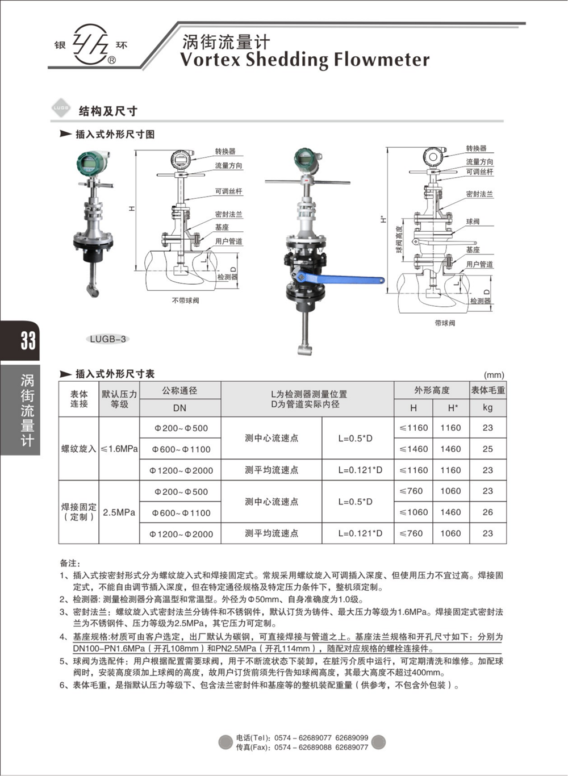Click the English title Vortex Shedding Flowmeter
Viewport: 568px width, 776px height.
click(304, 60)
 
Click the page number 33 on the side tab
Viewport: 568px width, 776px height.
click(27, 341)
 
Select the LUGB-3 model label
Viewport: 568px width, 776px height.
click(108, 339)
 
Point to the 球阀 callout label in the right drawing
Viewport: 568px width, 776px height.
click(473, 222)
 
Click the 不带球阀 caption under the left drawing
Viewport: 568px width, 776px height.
click(185, 301)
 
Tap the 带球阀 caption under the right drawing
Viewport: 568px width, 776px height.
click(445, 323)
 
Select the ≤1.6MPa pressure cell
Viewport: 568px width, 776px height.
click(119, 449)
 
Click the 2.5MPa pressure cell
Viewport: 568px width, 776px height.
click(119, 512)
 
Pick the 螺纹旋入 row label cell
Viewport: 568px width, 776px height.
click(79, 449)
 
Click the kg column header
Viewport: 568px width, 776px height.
click(487, 408)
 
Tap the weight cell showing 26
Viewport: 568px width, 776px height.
click(487, 512)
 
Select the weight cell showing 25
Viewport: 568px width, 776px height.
click(487, 449)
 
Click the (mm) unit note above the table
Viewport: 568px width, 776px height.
click(494, 375)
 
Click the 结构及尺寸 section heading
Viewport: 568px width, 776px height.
click(108, 111)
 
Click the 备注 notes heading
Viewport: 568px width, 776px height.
click(70, 563)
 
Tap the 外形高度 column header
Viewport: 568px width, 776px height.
click(432, 390)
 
